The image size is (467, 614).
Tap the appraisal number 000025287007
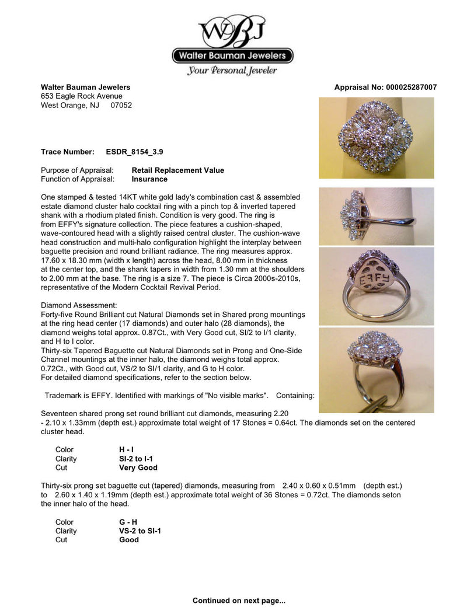410,88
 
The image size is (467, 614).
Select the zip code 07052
121,106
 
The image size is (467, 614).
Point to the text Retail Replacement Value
177,170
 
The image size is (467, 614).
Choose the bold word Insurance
149,179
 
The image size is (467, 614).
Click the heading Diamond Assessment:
79,305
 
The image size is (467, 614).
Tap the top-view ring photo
376,138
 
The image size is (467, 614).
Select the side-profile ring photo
376,217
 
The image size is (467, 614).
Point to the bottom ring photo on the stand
376,370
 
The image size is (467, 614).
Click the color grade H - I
126,450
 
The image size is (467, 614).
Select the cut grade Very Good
138,468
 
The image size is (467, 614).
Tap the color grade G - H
128,522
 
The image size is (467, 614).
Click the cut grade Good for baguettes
129,540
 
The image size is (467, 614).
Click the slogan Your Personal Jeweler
232,71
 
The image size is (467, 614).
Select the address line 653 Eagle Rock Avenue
82,96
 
